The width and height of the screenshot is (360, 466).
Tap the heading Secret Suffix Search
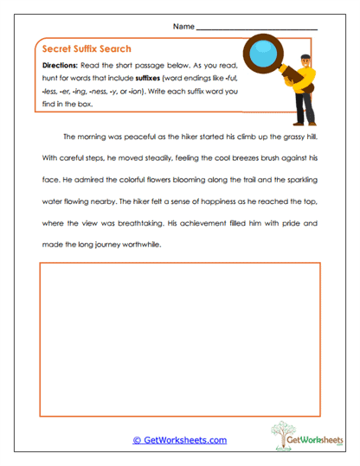(x=86, y=49)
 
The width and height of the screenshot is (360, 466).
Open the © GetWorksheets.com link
(x=179, y=440)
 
